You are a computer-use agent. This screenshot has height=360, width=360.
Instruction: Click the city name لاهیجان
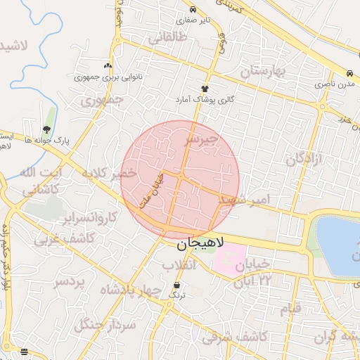pyautogui.click(x=199, y=245)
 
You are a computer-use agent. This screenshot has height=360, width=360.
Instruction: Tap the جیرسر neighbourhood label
pyautogui.click(x=202, y=141)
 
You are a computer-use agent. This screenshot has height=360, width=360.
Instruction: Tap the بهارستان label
pyautogui.click(x=264, y=71)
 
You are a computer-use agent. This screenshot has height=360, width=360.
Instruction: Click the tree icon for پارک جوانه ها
pyautogui.click(x=46, y=129)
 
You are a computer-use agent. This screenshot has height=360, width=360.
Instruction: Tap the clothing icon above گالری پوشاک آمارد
pyautogui.click(x=205, y=89)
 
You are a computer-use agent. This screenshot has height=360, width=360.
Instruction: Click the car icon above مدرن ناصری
pyautogui.click(x=349, y=73)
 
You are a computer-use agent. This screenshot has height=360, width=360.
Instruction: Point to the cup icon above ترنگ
pyautogui.click(x=176, y=285)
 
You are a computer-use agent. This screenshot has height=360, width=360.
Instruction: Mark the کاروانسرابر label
pyautogui.click(x=89, y=218)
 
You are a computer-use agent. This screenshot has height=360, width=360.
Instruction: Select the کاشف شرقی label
pyautogui.click(x=234, y=337)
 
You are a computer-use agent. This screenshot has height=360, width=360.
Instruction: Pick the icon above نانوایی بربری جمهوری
pyautogui.click(x=108, y=65)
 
